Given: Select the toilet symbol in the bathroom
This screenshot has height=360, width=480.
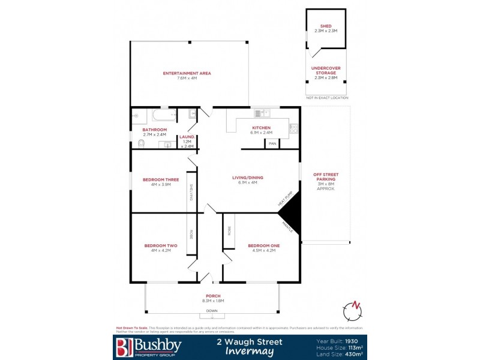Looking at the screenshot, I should click(140, 143).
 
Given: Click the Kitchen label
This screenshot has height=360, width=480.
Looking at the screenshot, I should click(261, 128).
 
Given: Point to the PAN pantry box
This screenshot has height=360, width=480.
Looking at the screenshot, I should click(272, 143).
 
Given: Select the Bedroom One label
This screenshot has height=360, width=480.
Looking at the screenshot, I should click(264, 245).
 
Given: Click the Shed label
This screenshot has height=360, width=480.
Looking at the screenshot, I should click(326, 26).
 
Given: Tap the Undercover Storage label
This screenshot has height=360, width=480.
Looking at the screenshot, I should click(326, 71).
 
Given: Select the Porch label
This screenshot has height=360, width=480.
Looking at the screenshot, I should click(212, 296).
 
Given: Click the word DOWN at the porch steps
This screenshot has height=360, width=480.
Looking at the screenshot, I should click(212, 311).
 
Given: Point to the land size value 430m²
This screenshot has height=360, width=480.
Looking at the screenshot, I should click(353, 354).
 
